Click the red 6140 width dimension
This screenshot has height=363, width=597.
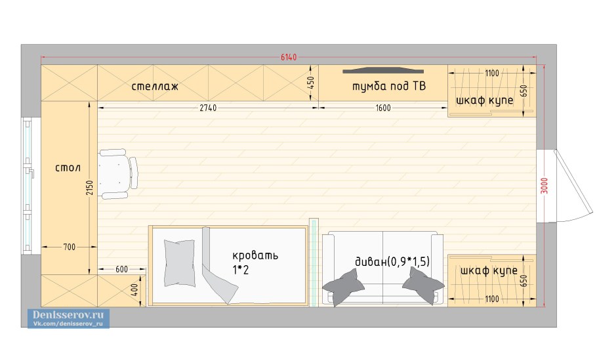289,57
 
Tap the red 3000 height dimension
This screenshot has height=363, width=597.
545,186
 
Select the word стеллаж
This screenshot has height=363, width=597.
155,87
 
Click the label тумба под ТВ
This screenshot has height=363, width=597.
389,86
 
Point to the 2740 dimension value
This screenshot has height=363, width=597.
208,108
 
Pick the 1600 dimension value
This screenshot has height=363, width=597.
383,108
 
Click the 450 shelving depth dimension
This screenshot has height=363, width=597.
311,83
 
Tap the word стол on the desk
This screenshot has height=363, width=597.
68,167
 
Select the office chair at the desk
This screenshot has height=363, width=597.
118,174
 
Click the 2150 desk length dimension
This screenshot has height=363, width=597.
89,187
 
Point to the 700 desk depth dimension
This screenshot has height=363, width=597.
70,247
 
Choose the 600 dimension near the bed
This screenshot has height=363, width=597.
122,269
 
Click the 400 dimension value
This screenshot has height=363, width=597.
134,290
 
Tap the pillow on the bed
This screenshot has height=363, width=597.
179,263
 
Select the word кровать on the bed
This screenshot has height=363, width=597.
255,255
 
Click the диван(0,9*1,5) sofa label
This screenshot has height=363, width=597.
392,261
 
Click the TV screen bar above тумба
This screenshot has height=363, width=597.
383,70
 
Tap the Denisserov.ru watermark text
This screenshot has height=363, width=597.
68,315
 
